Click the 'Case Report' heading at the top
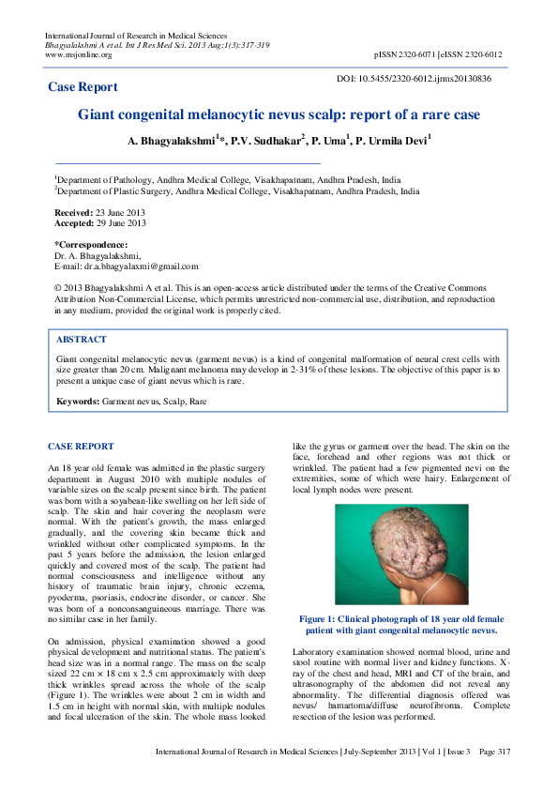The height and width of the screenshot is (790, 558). click(x=83, y=87)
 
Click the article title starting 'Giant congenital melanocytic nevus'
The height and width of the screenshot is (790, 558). click(x=279, y=115)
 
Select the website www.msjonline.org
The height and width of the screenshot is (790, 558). click(x=78, y=54)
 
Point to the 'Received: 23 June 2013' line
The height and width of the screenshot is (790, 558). click(x=99, y=213)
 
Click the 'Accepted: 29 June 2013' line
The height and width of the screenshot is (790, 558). click(x=100, y=223)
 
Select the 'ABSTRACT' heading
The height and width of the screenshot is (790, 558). click(x=82, y=340)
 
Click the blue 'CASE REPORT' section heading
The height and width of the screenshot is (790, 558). click(x=81, y=447)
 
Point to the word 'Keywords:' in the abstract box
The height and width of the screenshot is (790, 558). click(x=79, y=402)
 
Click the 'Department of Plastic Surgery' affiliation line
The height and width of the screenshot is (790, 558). click(x=237, y=190)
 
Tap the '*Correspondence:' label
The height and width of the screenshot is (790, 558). click(x=91, y=244)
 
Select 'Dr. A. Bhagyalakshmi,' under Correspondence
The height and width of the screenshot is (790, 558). click(x=98, y=255)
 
